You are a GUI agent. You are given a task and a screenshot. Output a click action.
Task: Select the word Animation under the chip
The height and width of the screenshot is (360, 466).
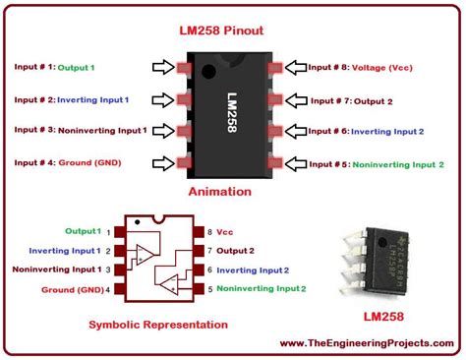[233, 192]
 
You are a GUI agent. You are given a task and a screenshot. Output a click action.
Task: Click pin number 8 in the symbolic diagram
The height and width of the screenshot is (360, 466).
[209, 231]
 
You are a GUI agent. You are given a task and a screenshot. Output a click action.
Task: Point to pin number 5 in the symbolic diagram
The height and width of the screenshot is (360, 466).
[209, 288]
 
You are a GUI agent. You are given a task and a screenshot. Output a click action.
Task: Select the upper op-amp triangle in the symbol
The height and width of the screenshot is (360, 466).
[146, 252]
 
